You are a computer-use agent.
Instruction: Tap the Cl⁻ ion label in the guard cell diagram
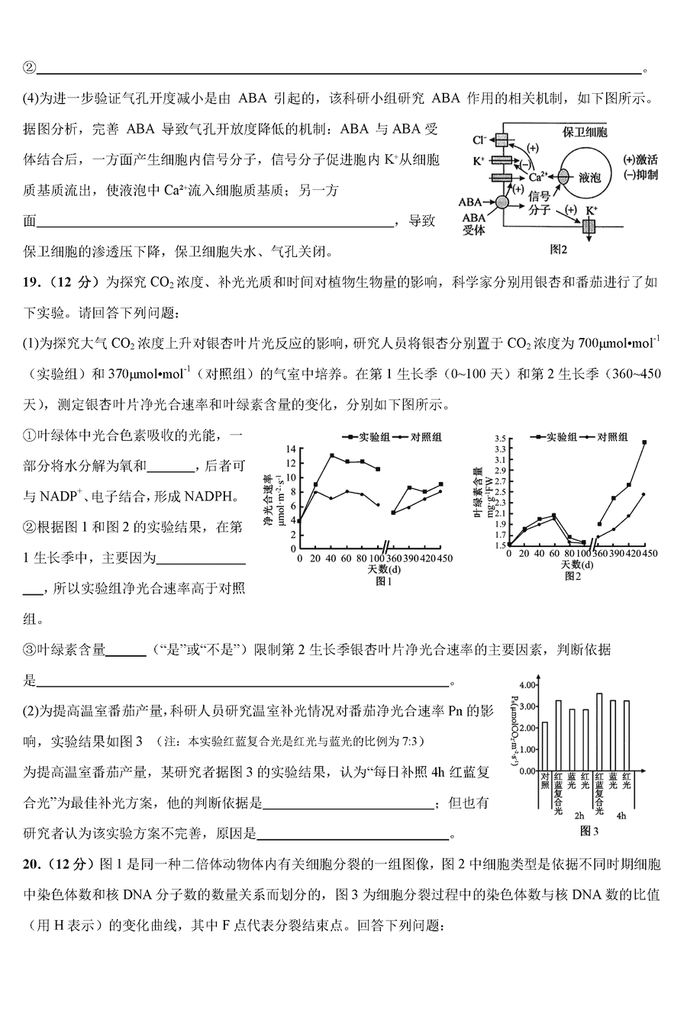point(480,140)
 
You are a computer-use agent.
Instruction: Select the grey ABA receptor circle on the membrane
point(502,202)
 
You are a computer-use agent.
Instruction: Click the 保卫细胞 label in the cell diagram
point(585,131)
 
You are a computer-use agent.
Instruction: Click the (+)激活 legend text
point(640,160)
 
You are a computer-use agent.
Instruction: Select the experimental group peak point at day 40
point(332,455)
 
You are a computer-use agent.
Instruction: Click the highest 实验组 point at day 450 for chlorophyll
point(644,442)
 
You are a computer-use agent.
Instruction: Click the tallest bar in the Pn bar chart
point(599,732)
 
